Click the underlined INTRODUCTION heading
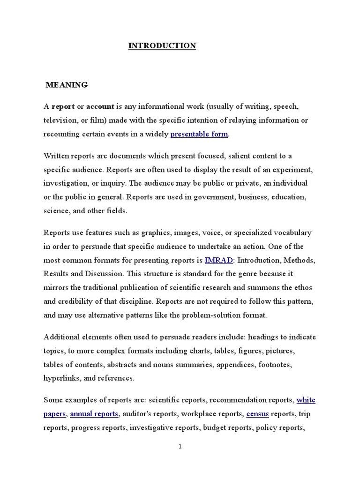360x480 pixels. tap(162, 46)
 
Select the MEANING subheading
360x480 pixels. tap(67, 85)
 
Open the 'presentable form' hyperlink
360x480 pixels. tap(199, 134)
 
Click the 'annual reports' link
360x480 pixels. tap(95, 414)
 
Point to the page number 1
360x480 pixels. tap(180, 447)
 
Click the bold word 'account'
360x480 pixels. tap(100, 106)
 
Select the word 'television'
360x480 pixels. tap(60, 120)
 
